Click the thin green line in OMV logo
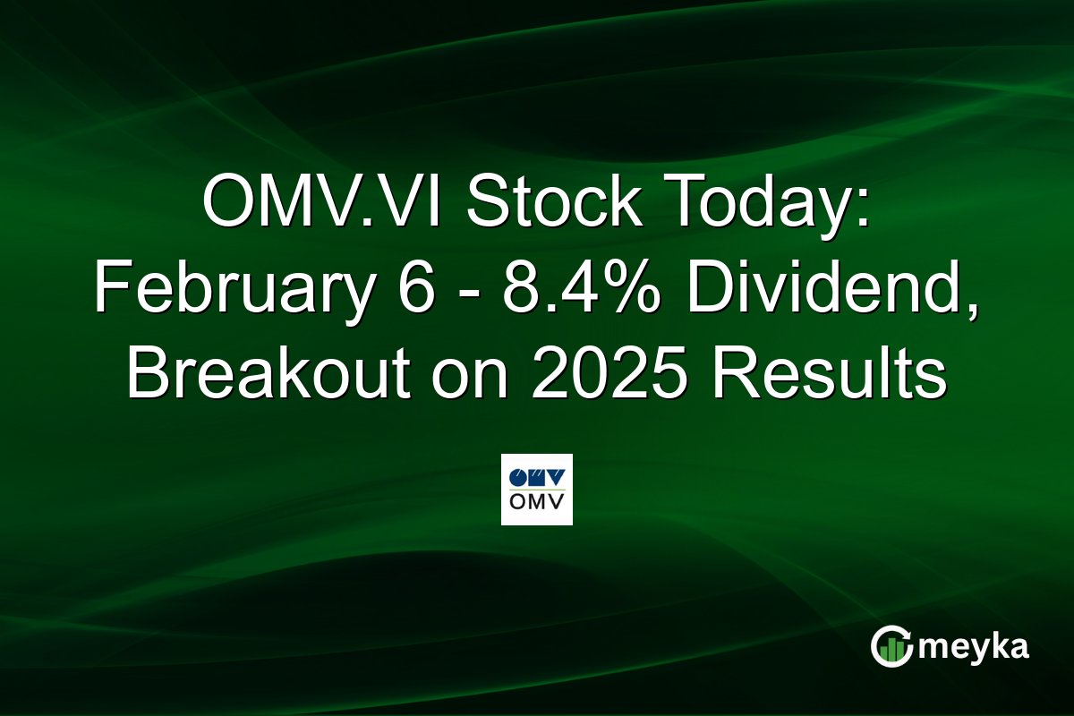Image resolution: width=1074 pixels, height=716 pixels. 536,489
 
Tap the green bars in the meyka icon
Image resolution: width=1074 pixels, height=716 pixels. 891,652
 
